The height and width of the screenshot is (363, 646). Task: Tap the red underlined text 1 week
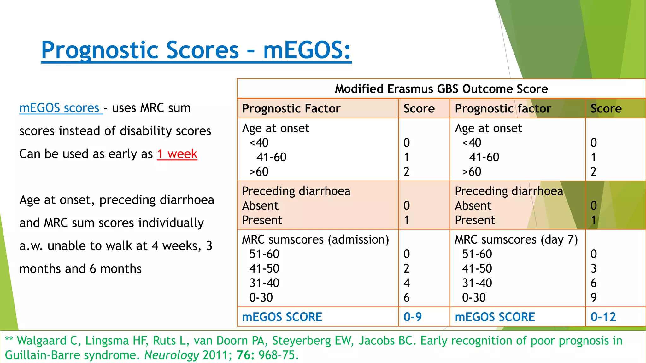[177, 154]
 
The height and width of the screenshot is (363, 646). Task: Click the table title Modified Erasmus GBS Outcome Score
[441, 89]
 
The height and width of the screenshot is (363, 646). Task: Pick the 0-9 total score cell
[412, 317]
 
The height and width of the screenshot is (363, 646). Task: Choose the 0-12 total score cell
[603, 317]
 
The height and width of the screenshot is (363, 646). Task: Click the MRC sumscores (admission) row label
[315, 239]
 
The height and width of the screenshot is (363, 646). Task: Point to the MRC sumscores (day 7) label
[516, 239]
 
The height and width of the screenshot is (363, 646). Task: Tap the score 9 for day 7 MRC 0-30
[593, 297]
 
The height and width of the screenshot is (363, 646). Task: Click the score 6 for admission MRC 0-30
[407, 297]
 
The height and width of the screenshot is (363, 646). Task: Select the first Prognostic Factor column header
[291, 108]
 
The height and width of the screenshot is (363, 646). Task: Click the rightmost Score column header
[606, 108]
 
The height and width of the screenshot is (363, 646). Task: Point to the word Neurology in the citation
[172, 355]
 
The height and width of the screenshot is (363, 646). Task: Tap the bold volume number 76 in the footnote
[245, 355]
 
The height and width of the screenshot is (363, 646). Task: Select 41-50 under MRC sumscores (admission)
[264, 268]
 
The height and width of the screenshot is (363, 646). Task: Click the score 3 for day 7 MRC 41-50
[593, 268]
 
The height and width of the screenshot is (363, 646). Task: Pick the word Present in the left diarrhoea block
[262, 220]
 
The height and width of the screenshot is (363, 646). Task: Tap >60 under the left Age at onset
[259, 172]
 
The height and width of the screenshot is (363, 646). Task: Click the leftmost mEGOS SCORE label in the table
[282, 317]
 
